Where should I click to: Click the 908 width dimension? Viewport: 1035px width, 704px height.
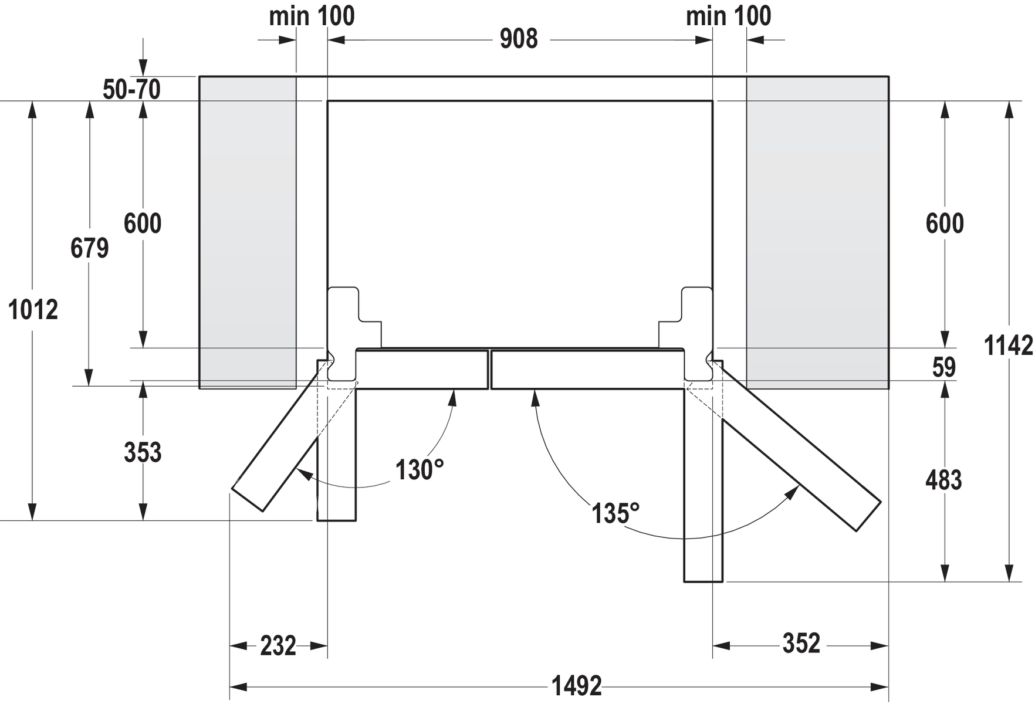(518, 39)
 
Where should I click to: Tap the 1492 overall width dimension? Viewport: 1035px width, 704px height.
(576, 686)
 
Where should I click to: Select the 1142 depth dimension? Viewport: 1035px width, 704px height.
(1007, 345)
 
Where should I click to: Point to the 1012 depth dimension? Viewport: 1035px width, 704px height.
(33, 310)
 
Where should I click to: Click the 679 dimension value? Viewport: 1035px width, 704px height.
(89, 248)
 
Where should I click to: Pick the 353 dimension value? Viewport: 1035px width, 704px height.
(143, 452)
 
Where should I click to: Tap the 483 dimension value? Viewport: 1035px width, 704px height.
(943, 480)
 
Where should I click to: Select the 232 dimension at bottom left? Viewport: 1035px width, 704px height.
(278, 646)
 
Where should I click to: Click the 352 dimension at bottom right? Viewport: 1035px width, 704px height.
(801, 644)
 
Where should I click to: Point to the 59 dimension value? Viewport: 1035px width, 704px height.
(943, 367)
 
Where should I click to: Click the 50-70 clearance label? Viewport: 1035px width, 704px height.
(131, 90)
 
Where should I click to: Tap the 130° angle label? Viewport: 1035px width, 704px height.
(419, 469)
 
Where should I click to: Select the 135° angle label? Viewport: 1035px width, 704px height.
(614, 513)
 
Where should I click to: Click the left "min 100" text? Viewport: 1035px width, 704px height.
(312, 16)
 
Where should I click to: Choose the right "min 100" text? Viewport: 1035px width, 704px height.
(728, 16)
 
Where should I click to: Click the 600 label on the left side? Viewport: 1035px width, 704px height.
(143, 224)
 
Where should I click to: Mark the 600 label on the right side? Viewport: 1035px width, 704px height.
(944, 224)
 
